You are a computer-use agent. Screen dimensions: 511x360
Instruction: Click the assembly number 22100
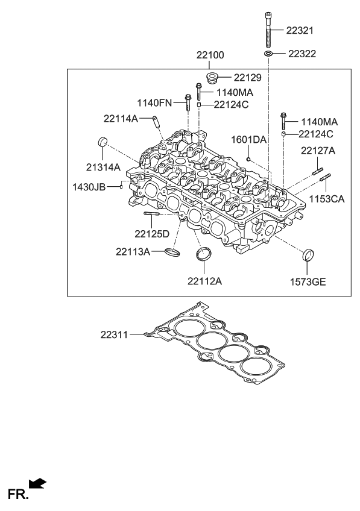[210, 55]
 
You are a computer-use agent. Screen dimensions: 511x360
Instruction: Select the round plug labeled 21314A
[102, 143]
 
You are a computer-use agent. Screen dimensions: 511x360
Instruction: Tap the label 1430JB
[89, 187]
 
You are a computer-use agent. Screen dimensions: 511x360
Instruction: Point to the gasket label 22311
[115, 333]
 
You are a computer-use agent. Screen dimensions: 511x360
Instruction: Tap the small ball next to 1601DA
[248, 159]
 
